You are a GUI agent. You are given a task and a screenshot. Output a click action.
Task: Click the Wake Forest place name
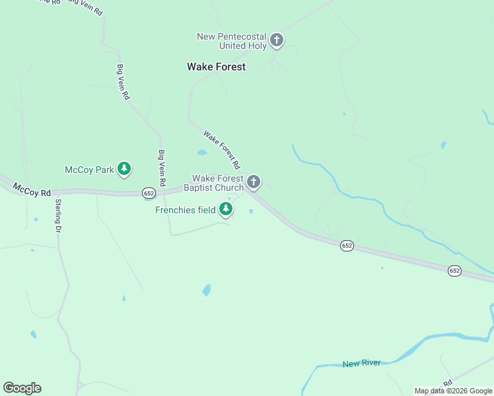point(216,67)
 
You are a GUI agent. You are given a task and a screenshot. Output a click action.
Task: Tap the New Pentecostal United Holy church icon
point(277,41)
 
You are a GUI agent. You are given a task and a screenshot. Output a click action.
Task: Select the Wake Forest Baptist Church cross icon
point(254,182)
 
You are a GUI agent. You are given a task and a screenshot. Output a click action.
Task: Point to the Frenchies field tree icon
point(227,210)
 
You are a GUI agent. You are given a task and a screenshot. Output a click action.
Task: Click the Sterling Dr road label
point(58,215)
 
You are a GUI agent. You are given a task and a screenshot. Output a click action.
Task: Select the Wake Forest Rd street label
point(221,148)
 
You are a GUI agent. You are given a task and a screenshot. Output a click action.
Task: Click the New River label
point(362,364)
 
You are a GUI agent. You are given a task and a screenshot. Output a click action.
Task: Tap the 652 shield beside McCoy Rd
point(148,193)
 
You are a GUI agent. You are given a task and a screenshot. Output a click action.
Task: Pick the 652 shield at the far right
point(454,271)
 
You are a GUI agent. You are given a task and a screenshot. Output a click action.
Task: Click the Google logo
point(22,388)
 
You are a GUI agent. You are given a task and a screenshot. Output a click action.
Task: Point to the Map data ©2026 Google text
point(453,391)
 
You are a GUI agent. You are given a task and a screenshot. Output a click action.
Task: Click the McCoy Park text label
point(89,170)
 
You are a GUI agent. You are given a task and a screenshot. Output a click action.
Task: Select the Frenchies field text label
point(186,211)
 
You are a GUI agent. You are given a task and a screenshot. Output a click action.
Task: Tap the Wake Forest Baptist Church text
point(218,183)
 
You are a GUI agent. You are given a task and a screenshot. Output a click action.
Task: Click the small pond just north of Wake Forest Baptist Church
point(201,152)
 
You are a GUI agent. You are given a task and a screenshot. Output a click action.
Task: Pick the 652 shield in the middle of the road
point(347,246)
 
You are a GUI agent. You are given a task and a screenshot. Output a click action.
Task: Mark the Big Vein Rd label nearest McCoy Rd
point(161,168)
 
